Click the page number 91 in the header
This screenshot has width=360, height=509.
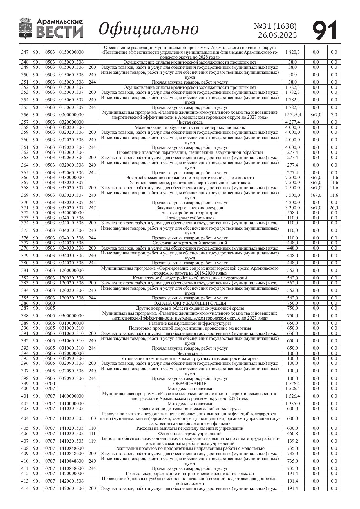325,30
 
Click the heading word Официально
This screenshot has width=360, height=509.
149,29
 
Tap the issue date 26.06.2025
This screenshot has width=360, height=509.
277,35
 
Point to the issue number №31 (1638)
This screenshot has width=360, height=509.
275,26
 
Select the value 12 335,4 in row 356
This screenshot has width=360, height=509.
292,115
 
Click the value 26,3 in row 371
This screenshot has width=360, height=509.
334,208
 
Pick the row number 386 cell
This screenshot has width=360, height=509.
25,303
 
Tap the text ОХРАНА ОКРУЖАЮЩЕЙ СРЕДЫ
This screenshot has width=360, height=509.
190,303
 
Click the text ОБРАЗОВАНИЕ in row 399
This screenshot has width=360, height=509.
190,384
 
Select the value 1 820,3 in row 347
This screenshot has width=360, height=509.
292,52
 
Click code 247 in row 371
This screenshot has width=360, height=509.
92,208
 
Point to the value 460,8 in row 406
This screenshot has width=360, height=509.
292,434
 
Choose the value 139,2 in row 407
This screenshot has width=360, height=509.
292,441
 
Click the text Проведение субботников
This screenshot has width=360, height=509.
190,218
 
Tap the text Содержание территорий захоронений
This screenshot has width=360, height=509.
190,243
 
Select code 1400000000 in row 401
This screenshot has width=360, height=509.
71,396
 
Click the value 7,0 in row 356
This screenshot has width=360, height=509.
334,115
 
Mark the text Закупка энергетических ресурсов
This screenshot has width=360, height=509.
190,208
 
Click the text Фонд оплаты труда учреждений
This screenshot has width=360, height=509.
190,434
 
